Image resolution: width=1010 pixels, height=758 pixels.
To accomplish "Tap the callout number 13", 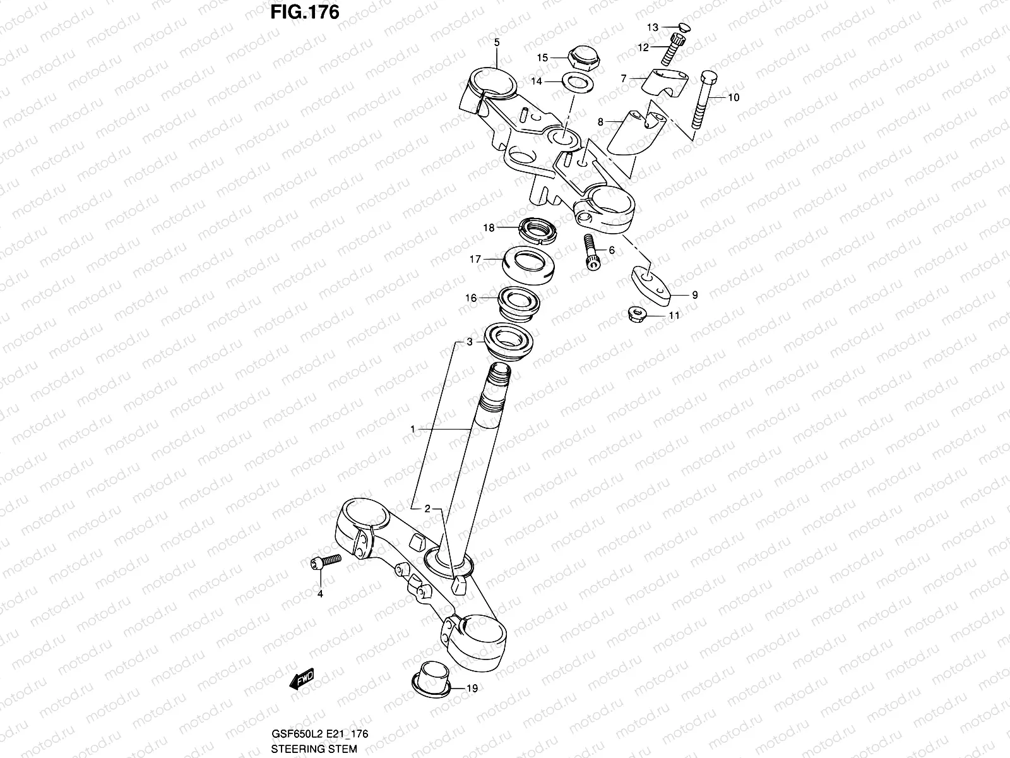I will coord(652,27).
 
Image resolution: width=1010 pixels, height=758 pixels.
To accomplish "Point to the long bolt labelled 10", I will coord(702,101).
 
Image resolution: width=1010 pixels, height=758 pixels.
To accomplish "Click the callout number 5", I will coord(496,42).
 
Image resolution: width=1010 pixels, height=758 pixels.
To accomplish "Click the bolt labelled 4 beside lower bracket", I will coord(326,562).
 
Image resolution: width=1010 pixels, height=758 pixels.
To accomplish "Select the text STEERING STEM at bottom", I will coord(313,749).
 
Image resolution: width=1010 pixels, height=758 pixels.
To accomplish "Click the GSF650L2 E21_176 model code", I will coord(319,733).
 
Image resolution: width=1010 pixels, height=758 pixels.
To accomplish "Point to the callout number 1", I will coord(412,429).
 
